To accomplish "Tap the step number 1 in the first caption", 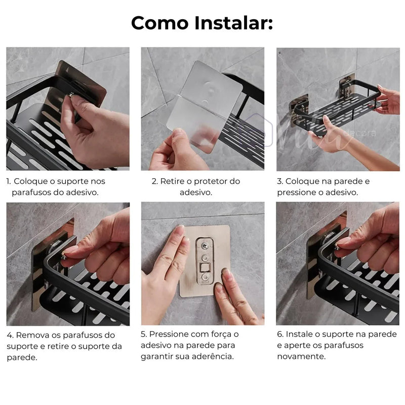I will (x=8, y=181).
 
